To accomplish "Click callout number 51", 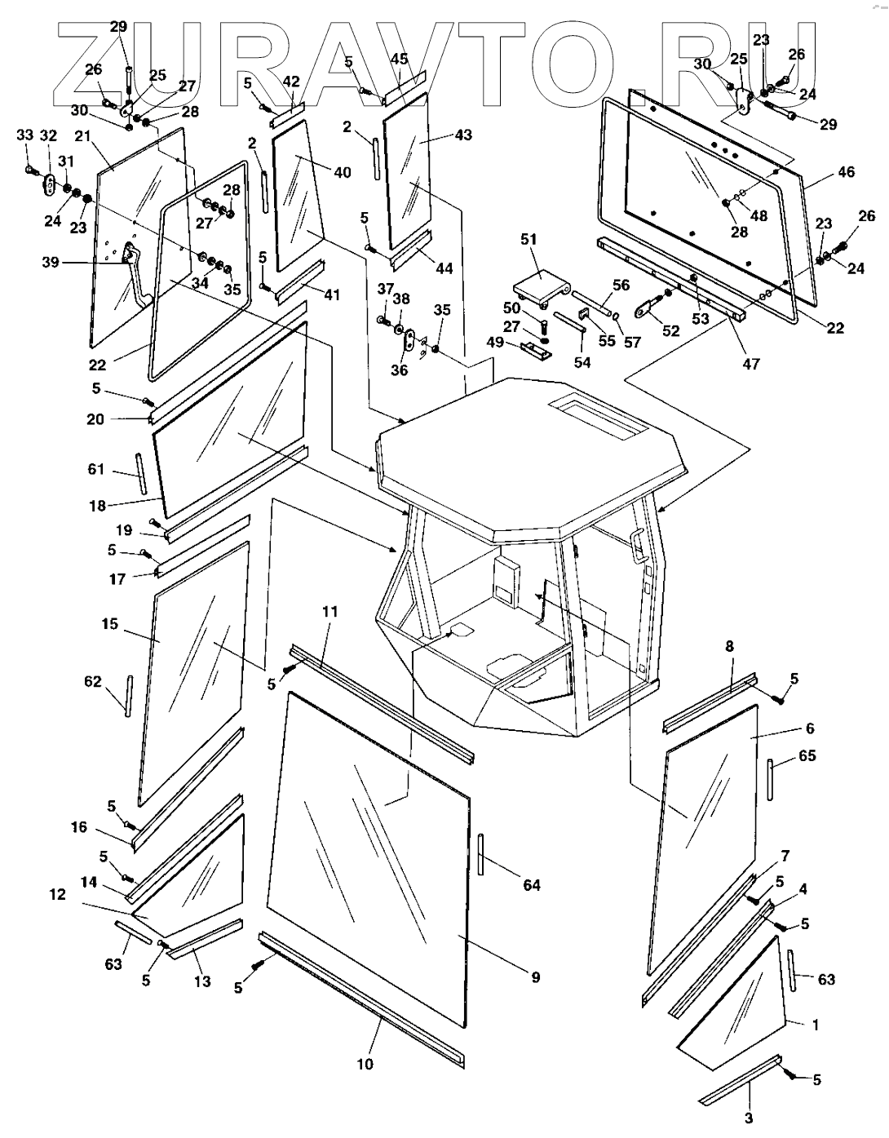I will pyautogui.click(x=529, y=240).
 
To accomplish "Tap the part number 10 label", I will pyautogui.click(x=365, y=1064).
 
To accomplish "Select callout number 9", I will pyautogui.click(x=535, y=977).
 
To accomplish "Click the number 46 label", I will pyautogui.click(x=846, y=172).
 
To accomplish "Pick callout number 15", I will pyautogui.click(x=110, y=624).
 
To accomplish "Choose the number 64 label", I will pyautogui.click(x=531, y=885).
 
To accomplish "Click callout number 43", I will pyautogui.click(x=462, y=135).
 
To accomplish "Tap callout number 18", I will pyautogui.click(x=97, y=506).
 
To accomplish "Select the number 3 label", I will pyautogui.click(x=749, y=1118).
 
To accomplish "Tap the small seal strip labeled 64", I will pyautogui.click(x=482, y=854).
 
